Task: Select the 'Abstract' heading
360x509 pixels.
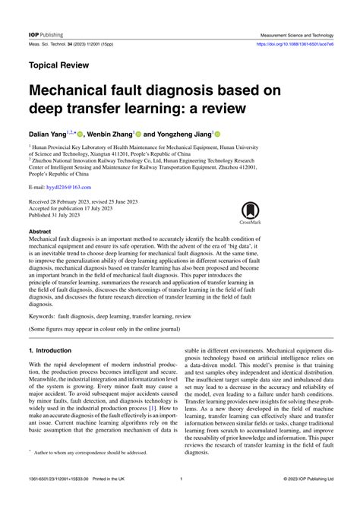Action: [40, 230]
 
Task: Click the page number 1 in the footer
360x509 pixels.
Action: [181, 499]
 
